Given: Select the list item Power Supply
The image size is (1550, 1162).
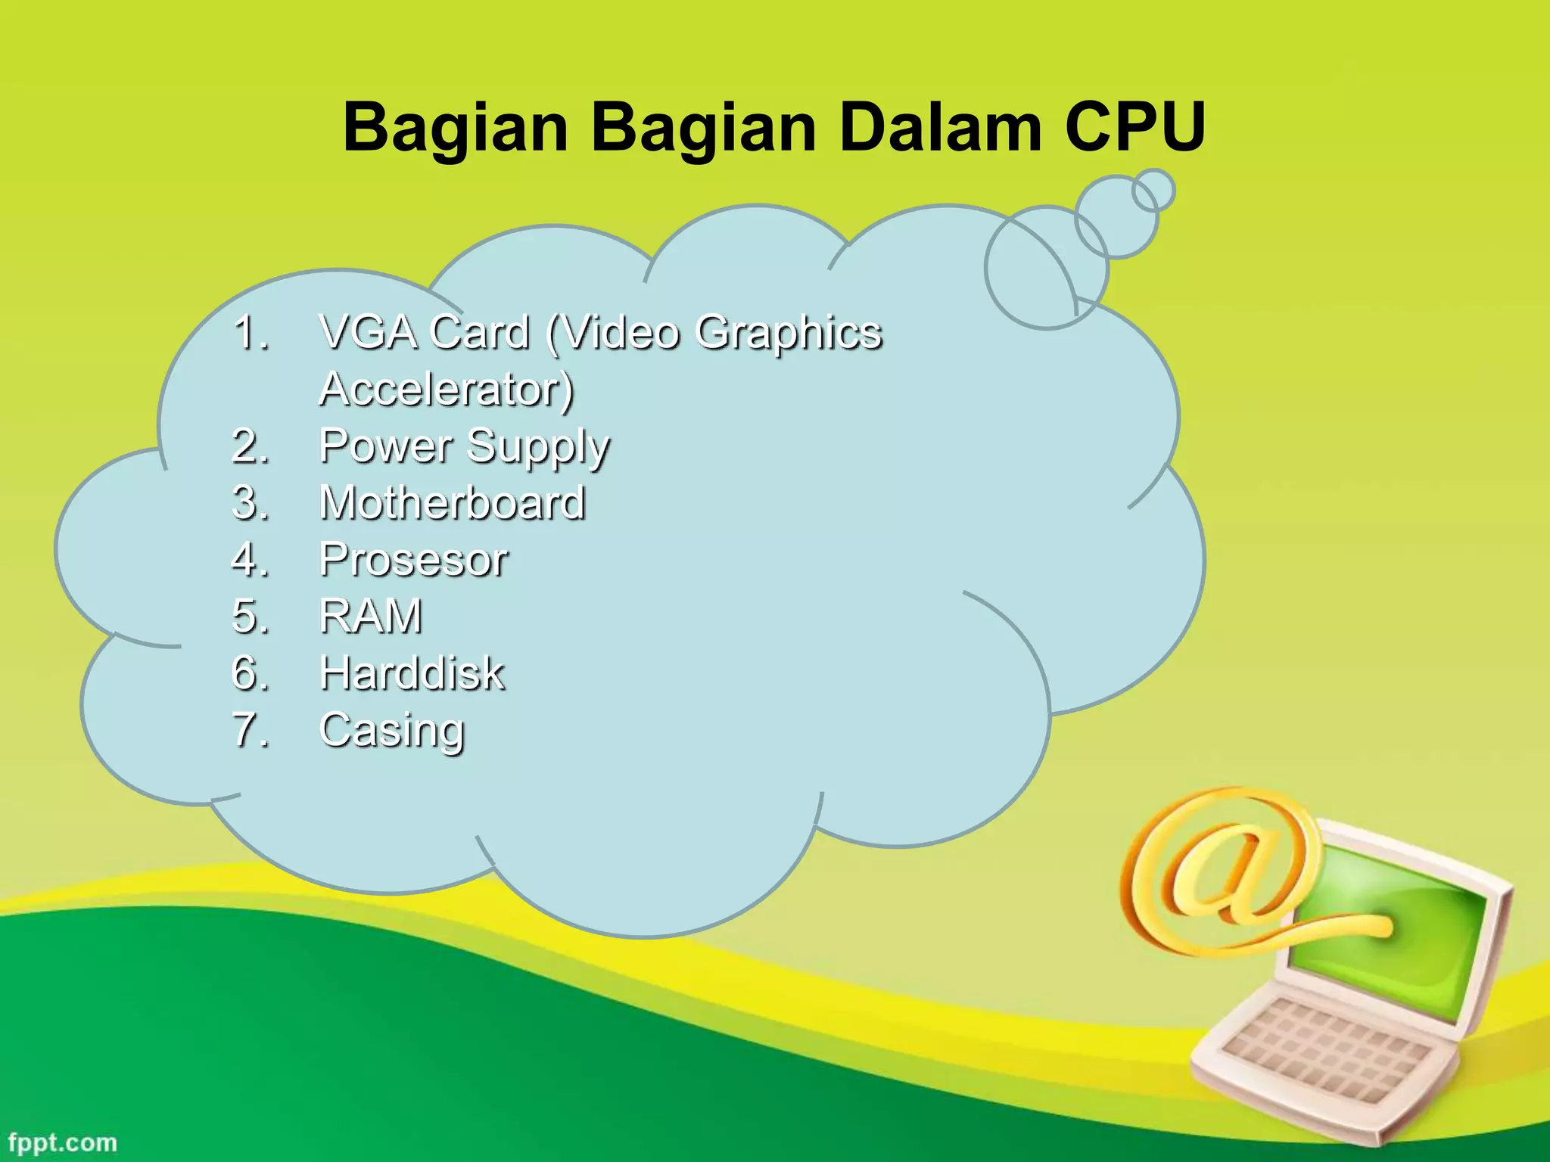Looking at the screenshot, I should tap(464, 446).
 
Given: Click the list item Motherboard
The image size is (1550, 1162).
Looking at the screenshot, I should tap(453, 503).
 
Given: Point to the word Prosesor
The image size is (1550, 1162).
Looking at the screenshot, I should tap(413, 560).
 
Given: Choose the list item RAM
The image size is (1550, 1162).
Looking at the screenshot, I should tap(371, 617).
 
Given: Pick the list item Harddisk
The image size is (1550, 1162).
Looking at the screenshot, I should tap(412, 673).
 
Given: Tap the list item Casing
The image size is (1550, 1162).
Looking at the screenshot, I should tap(392, 730).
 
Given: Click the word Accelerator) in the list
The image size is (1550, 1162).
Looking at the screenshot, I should tap(447, 390).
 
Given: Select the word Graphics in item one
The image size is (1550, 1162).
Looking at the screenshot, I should tap(789, 333).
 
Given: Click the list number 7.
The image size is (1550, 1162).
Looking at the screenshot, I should tap(250, 730).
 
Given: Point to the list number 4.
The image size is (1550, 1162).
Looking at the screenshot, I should tap(250, 560).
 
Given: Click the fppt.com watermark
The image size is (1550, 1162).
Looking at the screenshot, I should tap(63, 1142).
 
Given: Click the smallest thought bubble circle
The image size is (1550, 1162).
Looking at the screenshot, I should tap(1153, 190).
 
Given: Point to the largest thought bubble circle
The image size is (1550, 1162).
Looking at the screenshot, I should tap(1047, 268).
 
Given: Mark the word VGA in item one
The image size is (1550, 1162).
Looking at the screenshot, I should tap(368, 333).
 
